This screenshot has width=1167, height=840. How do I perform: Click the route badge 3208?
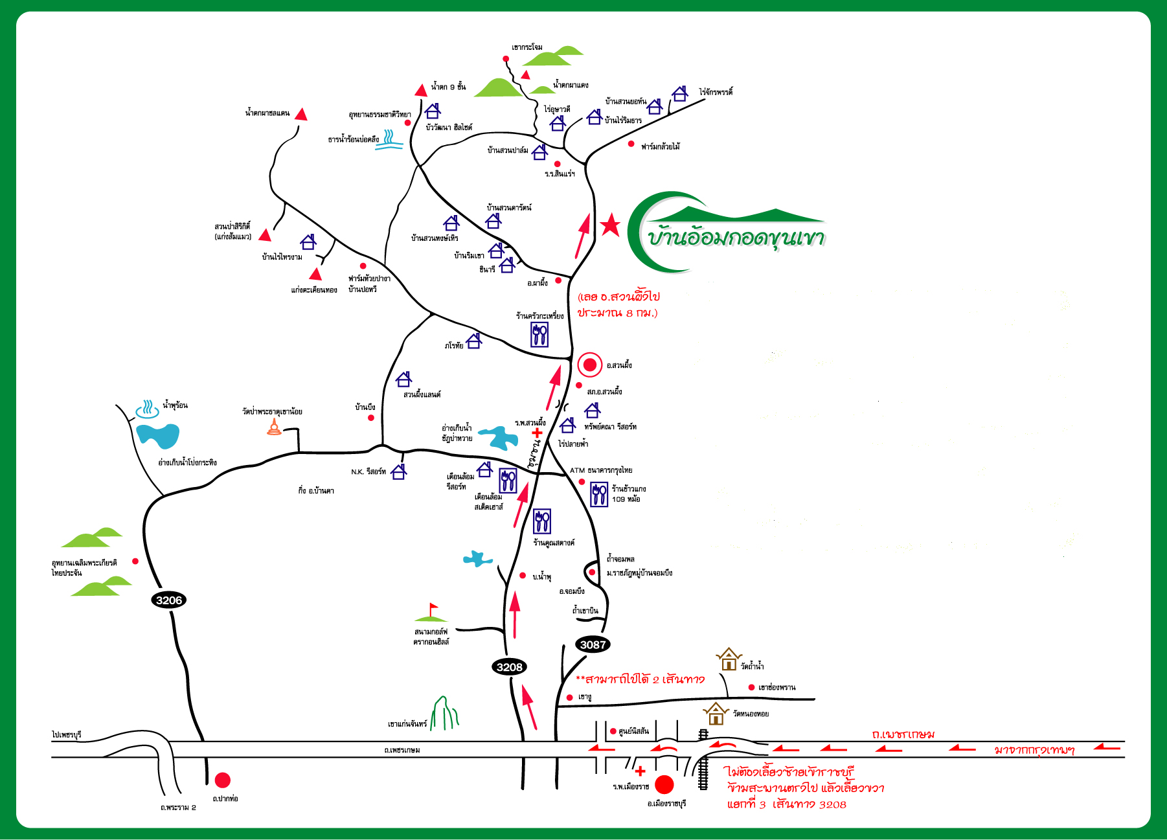[510, 667]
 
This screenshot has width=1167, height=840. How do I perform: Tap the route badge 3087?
[593, 644]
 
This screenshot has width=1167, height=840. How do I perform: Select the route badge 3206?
[169, 600]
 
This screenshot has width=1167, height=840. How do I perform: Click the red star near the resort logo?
[609, 225]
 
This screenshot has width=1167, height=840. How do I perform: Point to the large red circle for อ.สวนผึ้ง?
[589, 365]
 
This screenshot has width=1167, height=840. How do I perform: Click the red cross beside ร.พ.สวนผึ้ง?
[537, 433]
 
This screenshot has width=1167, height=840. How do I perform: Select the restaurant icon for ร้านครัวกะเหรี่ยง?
[539, 335]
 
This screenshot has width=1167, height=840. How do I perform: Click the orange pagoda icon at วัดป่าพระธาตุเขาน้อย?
[275, 427]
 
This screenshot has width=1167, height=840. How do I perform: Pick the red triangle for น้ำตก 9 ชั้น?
[422, 91]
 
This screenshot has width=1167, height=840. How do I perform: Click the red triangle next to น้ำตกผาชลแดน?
[300, 115]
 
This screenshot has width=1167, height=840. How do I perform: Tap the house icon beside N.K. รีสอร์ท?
[399, 471]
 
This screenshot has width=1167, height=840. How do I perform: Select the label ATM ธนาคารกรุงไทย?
[601, 470]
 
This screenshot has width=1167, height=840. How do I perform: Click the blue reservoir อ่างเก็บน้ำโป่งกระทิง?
[158, 435]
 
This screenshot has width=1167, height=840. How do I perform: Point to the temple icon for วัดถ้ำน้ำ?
[729, 659]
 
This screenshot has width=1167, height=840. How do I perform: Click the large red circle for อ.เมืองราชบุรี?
[664, 785]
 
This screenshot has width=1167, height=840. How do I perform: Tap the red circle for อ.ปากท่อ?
[223, 780]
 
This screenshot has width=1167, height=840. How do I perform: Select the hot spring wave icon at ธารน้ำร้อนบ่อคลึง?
[389, 140]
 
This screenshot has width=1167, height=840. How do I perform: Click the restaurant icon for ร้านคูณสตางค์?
[542, 521]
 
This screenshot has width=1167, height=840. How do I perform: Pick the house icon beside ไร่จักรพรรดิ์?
[679, 94]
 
